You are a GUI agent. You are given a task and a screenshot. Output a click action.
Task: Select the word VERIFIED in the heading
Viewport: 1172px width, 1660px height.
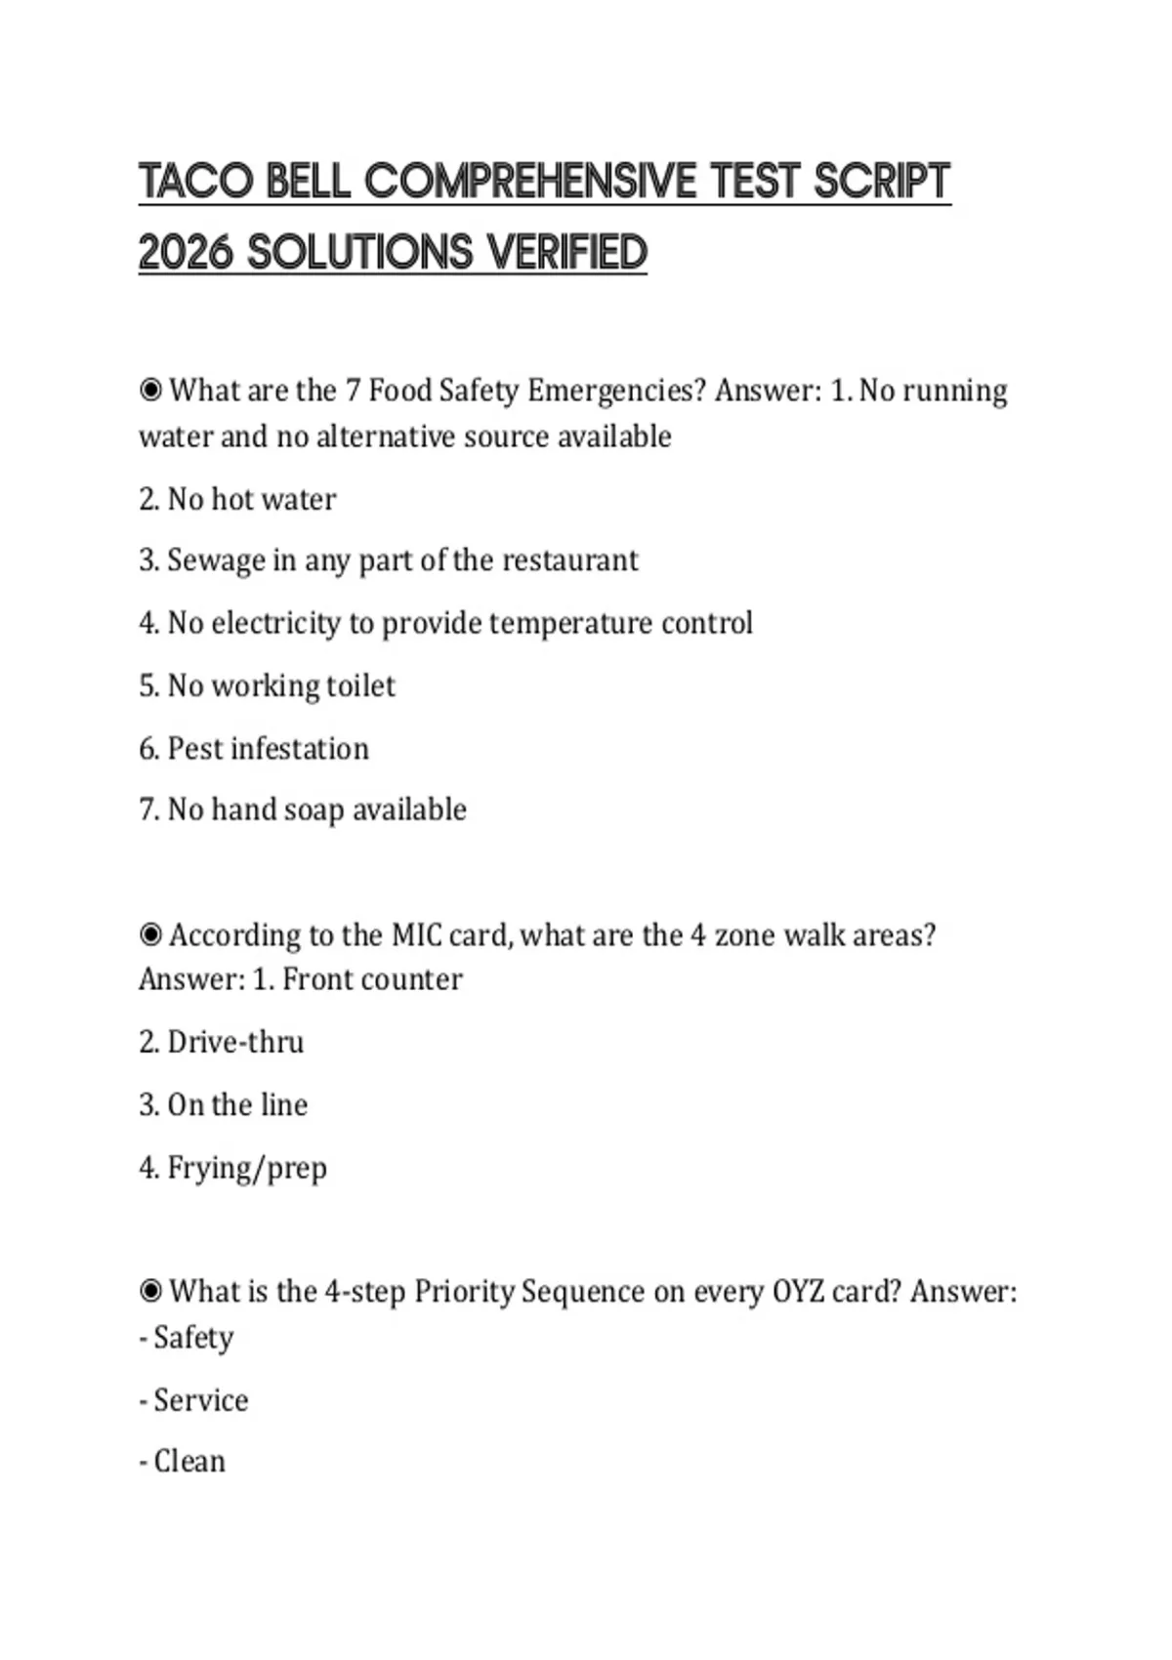pos(567,253)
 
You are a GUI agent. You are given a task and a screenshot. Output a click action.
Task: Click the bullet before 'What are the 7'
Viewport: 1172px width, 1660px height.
pos(150,391)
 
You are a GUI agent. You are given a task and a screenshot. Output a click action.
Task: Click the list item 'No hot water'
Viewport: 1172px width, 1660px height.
pos(237,499)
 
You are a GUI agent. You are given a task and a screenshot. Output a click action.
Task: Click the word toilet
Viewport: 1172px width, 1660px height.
pos(360,685)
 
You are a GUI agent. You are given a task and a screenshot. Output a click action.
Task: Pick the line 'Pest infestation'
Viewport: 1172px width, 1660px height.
pos(254,749)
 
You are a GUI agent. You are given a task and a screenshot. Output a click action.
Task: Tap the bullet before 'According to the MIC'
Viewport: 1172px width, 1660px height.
pos(150,935)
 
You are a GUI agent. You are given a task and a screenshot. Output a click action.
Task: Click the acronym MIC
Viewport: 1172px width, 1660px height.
pos(417,935)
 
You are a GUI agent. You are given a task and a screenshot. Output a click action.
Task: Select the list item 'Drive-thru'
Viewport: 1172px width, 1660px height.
pos(222,1042)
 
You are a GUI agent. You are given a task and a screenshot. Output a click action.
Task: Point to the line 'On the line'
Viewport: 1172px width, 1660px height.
pos(224,1104)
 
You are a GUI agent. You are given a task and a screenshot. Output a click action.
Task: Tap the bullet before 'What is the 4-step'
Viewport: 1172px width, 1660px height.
pos(150,1292)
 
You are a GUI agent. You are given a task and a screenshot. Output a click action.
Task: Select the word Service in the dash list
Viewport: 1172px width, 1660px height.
pos(201,1400)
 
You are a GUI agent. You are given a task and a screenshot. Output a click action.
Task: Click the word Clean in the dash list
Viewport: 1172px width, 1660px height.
pos(189,1462)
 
